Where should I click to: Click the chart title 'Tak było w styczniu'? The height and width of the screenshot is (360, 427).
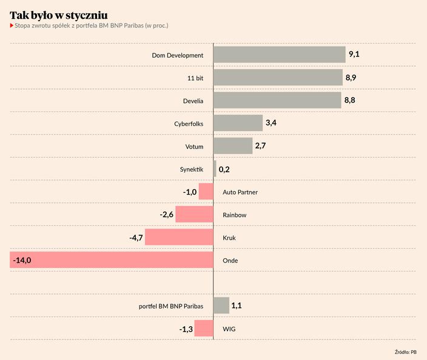[59, 14]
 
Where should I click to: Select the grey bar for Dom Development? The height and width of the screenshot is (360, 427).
[279, 55]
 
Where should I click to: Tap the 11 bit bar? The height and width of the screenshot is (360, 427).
[278, 78]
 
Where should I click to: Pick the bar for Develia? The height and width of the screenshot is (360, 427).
[277, 101]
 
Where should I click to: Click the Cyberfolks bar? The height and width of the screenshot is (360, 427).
[238, 124]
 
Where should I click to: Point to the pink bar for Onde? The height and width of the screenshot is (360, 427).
[112, 260]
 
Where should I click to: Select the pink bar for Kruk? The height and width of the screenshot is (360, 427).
[179, 237]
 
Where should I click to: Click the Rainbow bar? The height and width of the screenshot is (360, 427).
[194, 215]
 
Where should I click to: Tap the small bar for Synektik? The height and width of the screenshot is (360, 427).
[215, 169]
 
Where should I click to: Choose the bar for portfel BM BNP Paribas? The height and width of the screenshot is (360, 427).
[221, 305]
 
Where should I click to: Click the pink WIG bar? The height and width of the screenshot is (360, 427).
[204, 328]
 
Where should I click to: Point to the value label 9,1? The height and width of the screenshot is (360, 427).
[354, 55]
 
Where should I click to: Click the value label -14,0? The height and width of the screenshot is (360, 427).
[22, 260]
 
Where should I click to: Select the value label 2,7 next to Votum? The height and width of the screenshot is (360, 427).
[261, 146]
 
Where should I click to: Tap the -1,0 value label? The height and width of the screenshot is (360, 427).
[190, 192]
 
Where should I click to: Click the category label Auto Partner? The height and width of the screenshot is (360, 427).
[240, 192]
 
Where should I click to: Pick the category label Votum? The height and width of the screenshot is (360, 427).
[194, 147]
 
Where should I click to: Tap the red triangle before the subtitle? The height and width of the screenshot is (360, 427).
[12, 26]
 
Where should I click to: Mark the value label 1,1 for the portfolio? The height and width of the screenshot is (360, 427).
[237, 305]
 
